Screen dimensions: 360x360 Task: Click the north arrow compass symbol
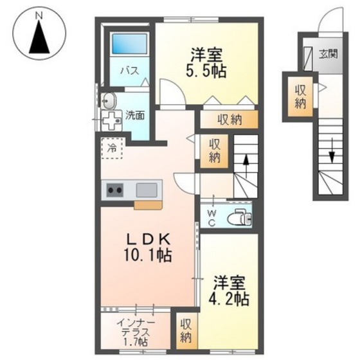coord(40,36)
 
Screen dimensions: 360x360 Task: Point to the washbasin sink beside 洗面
coord(109,101)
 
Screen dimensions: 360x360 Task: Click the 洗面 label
coord(135,116)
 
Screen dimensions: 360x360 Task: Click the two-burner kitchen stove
coord(116,190)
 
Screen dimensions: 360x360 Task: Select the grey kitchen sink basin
coord(146,190)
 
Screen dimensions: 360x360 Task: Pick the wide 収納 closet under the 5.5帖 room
coord(228,119)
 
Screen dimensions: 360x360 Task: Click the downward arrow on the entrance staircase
coord(332,156)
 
